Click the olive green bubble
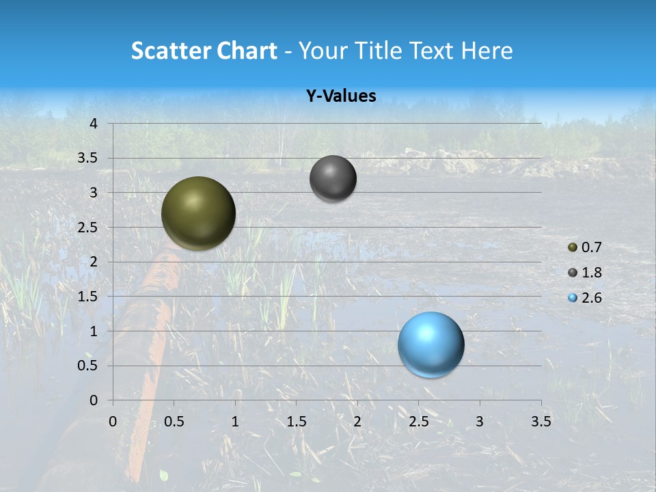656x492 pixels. pos(198,213)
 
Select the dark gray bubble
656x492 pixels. pos(333,178)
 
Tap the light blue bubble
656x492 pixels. pos(430,344)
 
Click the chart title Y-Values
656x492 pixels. pos(341,96)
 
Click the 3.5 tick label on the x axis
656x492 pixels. pos(541,422)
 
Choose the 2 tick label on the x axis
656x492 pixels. pos(357,422)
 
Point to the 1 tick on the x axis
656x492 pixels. pos(235,422)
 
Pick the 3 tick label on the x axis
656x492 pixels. pos(480,422)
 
